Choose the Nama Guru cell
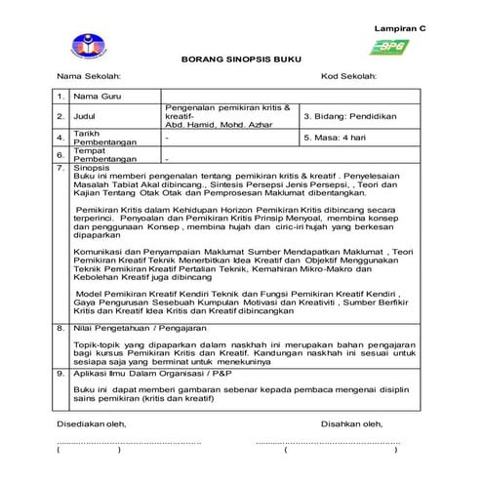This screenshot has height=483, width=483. (100, 97)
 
